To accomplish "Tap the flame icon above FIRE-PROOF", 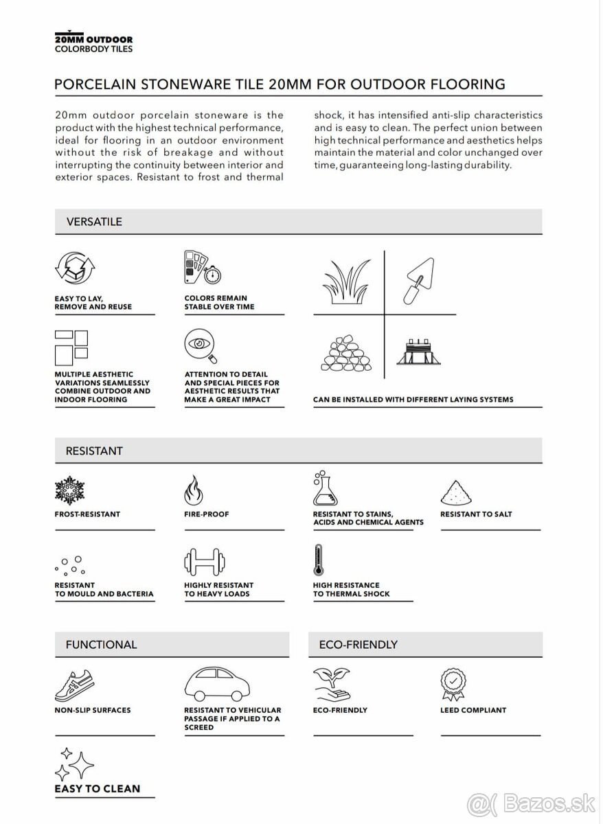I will (194, 491).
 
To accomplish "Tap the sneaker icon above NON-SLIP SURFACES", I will (73, 684).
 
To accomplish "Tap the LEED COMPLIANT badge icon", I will (453, 683).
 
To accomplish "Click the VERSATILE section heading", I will (94, 222).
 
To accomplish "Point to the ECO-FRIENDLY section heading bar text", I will (359, 645).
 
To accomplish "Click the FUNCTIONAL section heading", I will (101, 645).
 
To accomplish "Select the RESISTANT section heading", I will (94, 451).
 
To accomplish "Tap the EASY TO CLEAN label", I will (97, 788).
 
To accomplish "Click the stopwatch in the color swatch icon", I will (213, 275).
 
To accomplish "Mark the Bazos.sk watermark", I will (533, 803).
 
